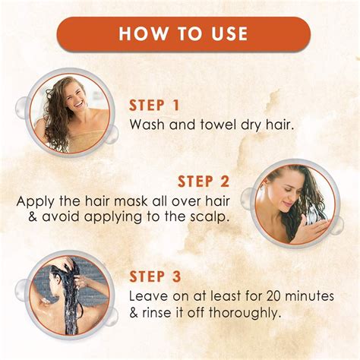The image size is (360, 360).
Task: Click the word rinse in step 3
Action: [162, 312]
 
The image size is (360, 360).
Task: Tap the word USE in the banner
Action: [226, 34]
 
